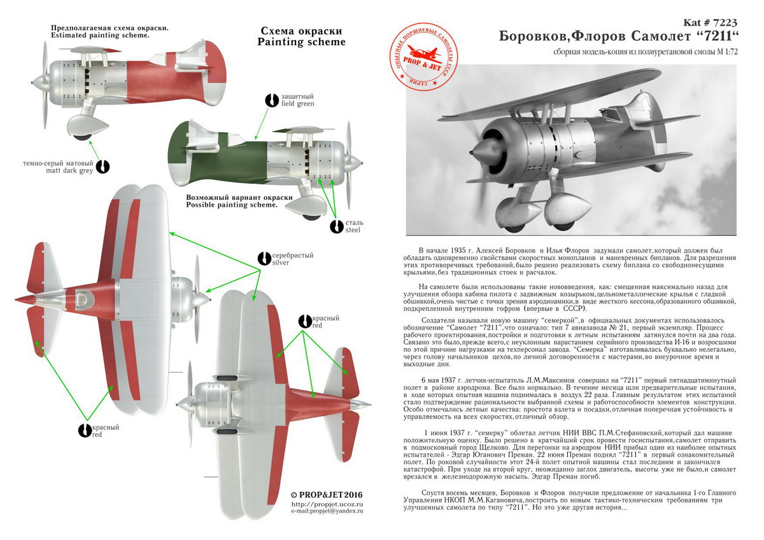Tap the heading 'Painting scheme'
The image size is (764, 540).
(x=301, y=43)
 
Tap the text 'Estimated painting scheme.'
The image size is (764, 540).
(x=100, y=36)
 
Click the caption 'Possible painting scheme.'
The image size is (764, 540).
(x=232, y=205)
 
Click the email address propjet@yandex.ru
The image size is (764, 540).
(x=327, y=511)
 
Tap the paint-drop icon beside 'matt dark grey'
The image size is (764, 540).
(x=103, y=167)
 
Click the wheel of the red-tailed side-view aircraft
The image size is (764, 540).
(x=81, y=135)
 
